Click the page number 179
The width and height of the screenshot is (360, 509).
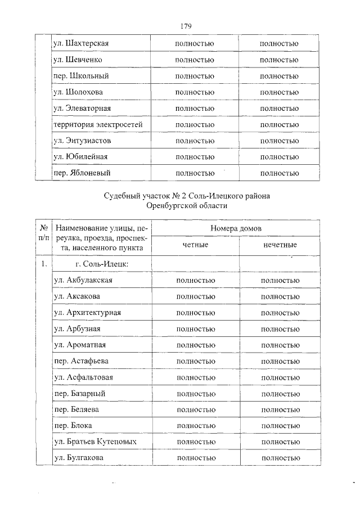(187, 26)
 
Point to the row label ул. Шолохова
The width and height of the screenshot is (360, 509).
(78, 92)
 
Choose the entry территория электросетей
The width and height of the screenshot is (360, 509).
(98, 124)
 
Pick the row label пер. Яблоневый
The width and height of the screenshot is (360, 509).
(81, 173)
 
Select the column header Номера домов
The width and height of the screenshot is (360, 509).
(236, 228)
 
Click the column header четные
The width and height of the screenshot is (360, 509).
(195, 245)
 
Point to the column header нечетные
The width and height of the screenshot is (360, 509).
(280, 245)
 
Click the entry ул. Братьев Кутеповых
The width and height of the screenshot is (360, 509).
(95, 442)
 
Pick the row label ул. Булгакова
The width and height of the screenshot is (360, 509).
(78, 459)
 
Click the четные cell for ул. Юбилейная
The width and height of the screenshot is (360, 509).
(195, 157)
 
